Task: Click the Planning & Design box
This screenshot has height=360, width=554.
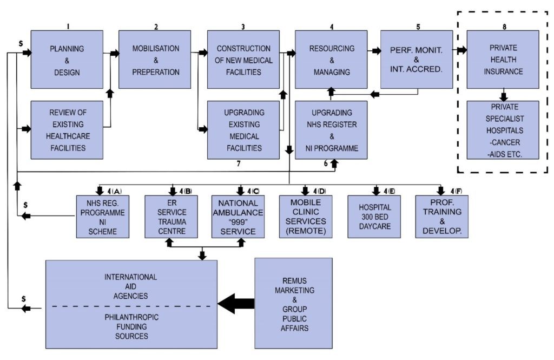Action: (x=67, y=59)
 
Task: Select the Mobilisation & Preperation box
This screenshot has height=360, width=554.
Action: (x=155, y=59)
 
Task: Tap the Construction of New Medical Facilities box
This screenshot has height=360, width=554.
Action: (x=243, y=59)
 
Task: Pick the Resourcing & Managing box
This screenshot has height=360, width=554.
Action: (x=331, y=59)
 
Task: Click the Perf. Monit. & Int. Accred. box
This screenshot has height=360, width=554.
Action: (x=416, y=59)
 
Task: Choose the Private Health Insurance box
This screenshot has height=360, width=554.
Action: (x=503, y=59)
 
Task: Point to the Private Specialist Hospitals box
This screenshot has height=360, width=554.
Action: (x=503, y=130)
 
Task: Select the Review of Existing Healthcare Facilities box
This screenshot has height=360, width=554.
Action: (x=67, y=130)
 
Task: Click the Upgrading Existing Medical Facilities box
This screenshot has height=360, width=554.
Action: (x=243, y=130)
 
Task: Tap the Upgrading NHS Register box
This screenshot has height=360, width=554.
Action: (x=331, y=130)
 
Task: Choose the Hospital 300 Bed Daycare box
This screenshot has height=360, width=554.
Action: (x=374, y=217)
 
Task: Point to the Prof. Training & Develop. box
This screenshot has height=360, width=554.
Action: (x=441, y=217)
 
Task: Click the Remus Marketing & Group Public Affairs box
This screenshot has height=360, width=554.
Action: (x=294, y=303)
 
